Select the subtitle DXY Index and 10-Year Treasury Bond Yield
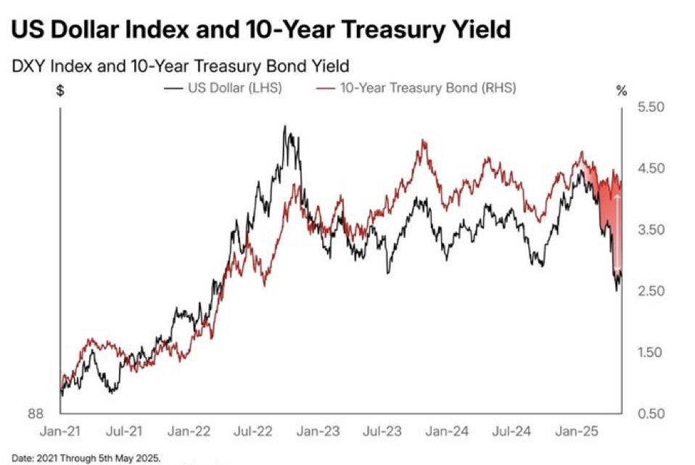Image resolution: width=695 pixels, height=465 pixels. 180,66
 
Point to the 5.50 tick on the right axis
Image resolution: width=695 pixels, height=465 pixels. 650,107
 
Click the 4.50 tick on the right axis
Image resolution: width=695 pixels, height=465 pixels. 650,169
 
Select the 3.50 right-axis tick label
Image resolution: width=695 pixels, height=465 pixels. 650,230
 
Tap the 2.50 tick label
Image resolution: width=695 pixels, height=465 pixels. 650,292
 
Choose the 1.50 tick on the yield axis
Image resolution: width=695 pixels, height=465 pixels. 650,353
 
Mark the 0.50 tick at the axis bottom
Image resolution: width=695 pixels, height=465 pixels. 650,414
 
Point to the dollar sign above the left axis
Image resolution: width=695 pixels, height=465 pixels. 61,91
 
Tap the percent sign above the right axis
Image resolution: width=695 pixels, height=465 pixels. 621,91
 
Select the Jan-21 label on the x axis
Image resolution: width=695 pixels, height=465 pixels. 61,432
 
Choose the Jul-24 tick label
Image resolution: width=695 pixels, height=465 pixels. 511,432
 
